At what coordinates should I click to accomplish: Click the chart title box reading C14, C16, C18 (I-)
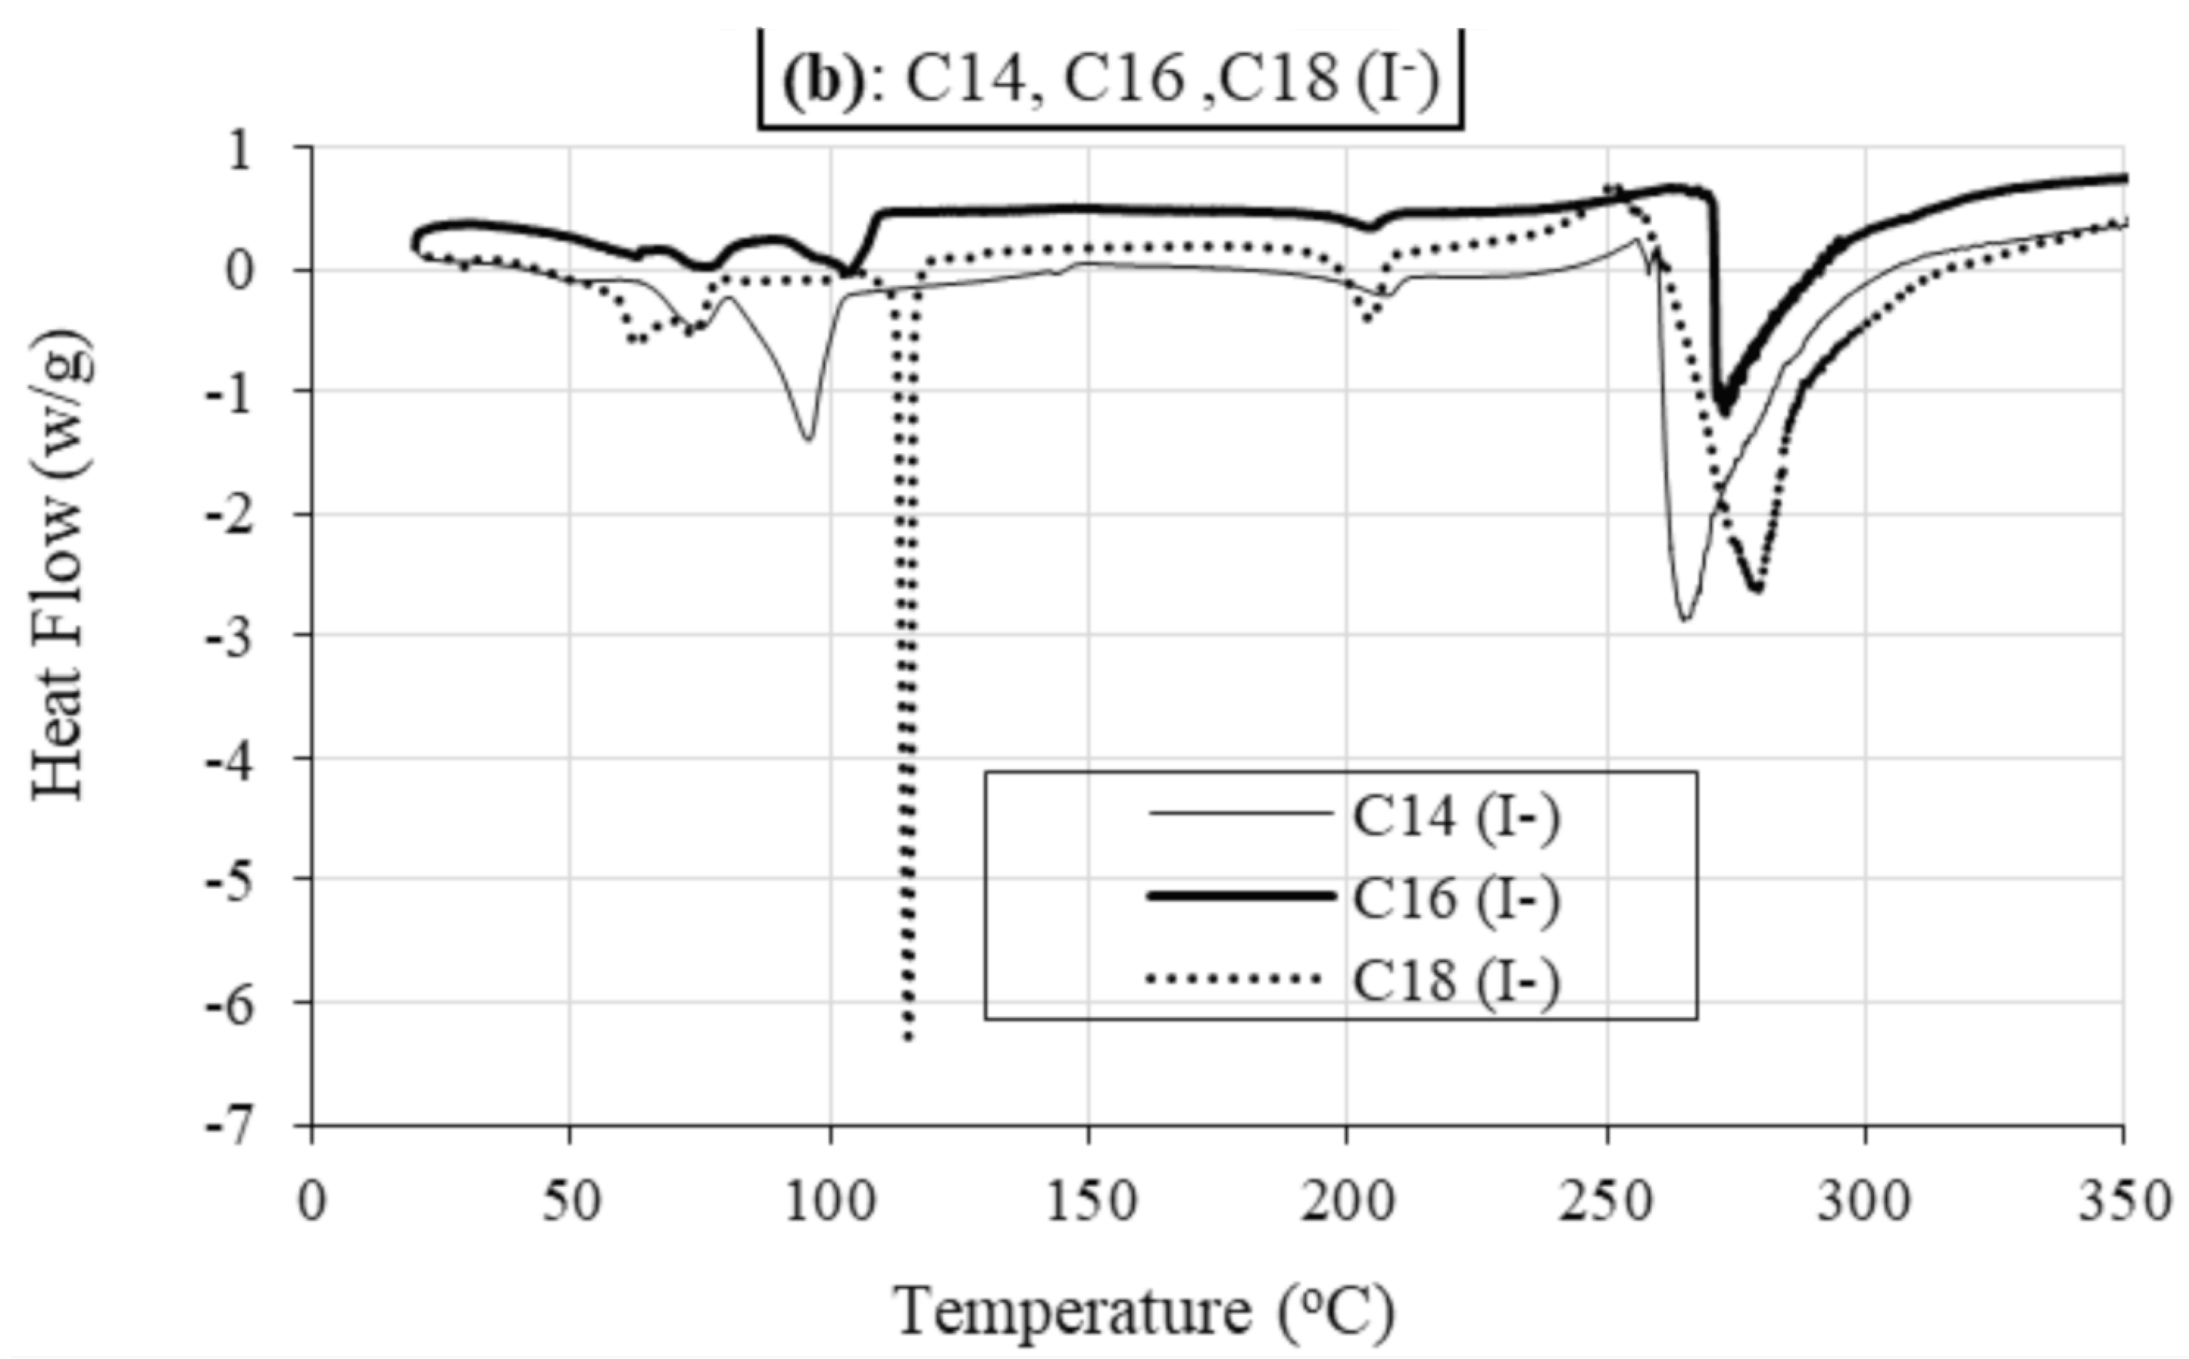pyautogui.click(x=1111, y=79)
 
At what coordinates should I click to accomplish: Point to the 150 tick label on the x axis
pyautogui.click(x=1089, y=1201)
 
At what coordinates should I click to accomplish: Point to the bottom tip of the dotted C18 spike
pyautogui.click(x=909, y=1038)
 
